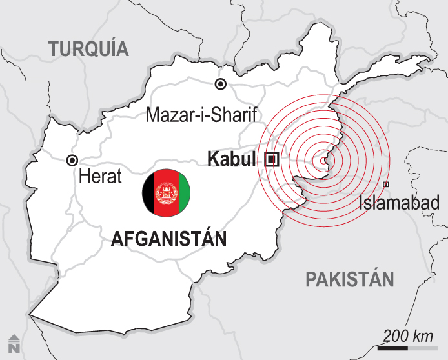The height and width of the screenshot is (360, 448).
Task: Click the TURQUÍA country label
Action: tap(88, 48)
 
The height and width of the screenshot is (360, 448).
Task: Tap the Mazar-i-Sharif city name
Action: tap(201, 115)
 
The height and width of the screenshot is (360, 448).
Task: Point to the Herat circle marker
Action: tap(72, 160)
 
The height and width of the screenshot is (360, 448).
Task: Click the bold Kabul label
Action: tap(232, 159)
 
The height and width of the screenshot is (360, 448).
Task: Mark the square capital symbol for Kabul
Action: tap(271, 159)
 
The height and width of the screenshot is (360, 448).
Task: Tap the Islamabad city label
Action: tap(399, 203)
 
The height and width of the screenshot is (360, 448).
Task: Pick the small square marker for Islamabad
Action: tap(386, 185)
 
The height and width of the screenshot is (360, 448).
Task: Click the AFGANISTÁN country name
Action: tap(169, 239)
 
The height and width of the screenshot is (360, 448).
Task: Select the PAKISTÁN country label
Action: tap(349, 279)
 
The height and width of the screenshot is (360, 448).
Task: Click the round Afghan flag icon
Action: tap(167, 192)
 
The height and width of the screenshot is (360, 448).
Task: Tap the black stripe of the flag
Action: tap(150, 192)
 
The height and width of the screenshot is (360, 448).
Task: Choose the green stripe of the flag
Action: tap(183, 192)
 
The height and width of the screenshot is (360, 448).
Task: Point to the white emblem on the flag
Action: tap(167, 192)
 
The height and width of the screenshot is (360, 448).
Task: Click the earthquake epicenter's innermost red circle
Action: tap(324, 159)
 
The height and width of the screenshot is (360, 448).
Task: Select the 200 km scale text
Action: tap(407, 336)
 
